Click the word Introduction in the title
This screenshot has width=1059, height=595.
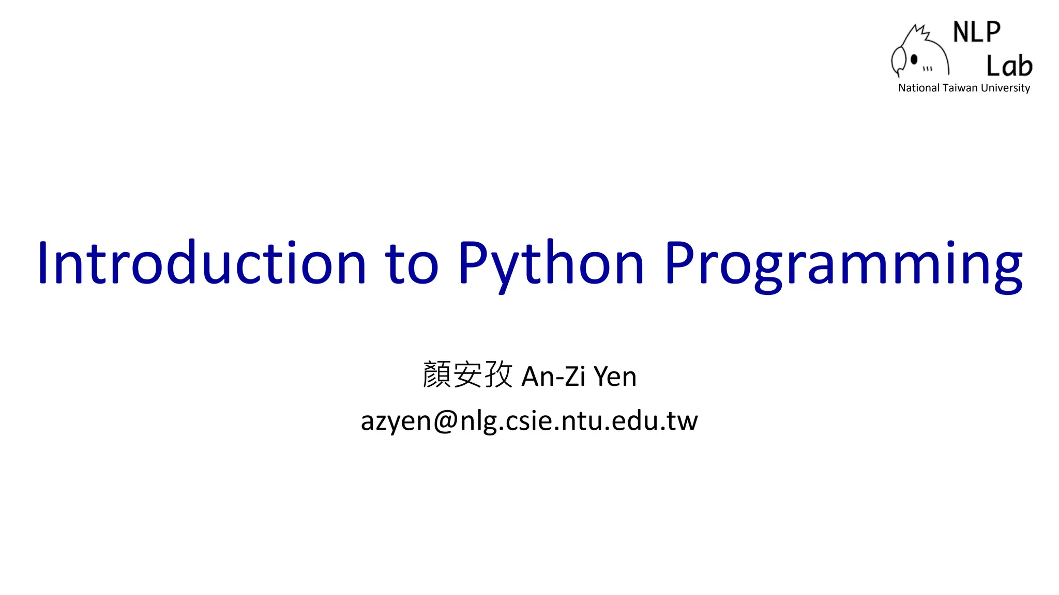coord(202,263)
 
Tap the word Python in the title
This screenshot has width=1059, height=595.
coord(551,263)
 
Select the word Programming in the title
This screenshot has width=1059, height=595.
coord(843,266)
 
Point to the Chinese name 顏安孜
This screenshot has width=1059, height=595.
coord(467,374)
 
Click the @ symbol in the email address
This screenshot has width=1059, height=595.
coord(445,420)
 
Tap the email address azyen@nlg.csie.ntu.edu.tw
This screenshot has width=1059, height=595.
coord(529,420)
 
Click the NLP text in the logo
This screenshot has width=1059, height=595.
coord(976,32)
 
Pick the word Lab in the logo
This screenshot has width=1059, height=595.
coord(1009,66)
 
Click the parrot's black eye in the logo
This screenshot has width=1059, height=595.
coord(914,59)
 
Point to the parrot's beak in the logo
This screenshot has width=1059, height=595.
coord(898,61)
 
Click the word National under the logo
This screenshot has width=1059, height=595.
coord(919,88)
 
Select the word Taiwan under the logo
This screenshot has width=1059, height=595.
coord(960,88)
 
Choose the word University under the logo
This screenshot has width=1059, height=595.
coord(1005,88)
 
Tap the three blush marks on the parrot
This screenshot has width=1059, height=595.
coord(928,68)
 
